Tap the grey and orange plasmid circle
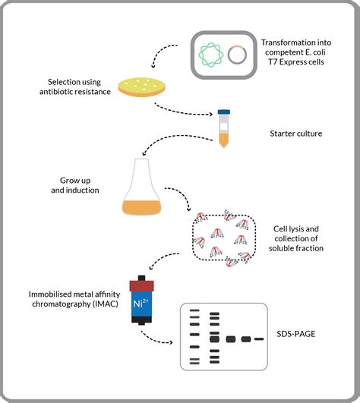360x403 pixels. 237,55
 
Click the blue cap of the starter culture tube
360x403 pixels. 224,112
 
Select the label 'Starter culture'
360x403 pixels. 297,134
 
